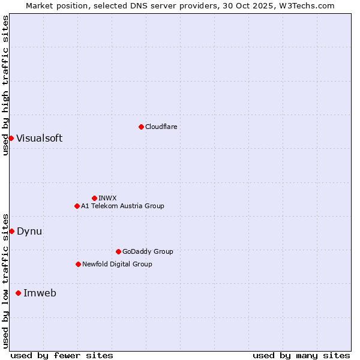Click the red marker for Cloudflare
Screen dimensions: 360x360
point(141,127)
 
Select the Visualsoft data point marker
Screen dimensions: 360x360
point(11,139)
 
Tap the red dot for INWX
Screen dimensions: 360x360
point(94,198)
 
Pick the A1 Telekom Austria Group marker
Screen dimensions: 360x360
point(77,206)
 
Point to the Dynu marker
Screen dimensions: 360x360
point(11,231)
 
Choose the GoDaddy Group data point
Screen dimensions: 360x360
point(118,251)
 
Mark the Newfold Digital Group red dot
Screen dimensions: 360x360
point(78,264)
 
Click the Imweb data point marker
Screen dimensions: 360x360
point(18,293)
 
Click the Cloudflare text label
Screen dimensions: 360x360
point(161,127)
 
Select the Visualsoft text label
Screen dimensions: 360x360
point(39,139)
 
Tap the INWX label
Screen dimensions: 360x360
point(108,198)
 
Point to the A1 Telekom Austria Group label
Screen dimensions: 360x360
point(122,206)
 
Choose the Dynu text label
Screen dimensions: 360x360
point(29,231)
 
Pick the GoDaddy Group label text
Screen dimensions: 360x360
point(148,251)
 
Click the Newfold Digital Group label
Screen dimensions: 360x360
point(117,264)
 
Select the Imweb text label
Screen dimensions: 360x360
point(40,293)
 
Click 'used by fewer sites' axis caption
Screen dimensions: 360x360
point(62,356)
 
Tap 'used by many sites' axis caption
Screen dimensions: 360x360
point(301,356)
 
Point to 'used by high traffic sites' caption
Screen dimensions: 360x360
point(5,85)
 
